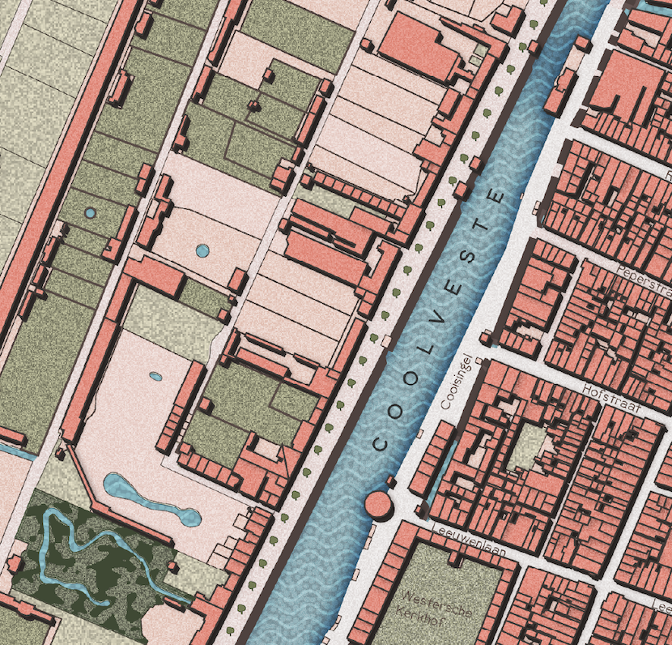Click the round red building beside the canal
click(379, 504)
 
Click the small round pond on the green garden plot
click(89, 213)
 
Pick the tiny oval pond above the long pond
click(155, 376)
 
